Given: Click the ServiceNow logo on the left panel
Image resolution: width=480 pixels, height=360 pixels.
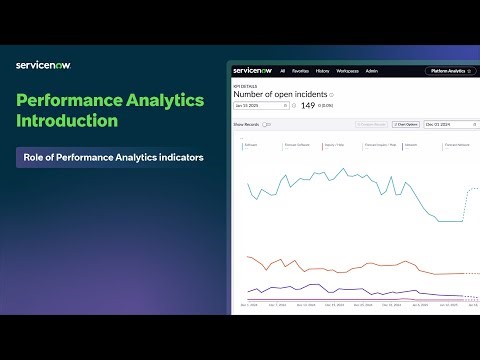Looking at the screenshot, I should point(43,65).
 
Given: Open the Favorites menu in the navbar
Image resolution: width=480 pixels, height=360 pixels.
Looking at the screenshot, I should point(301,72).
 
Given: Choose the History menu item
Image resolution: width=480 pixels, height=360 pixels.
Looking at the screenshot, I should point(323,72).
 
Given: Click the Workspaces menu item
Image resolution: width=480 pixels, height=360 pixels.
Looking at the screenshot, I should point(347,72).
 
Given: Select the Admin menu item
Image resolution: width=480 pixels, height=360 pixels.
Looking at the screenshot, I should point(371,72).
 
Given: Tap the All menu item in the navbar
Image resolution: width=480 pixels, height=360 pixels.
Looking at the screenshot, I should point(283,72).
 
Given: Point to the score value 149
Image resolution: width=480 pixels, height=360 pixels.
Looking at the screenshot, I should point(308,105).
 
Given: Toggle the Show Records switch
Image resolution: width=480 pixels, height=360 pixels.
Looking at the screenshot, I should point(266,125).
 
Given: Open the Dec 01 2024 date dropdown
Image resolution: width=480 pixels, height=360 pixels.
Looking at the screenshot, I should point(444,125).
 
